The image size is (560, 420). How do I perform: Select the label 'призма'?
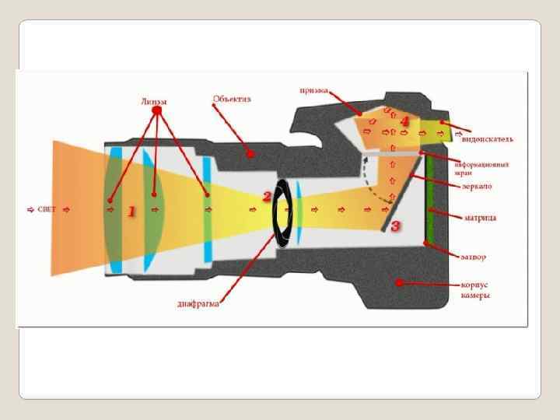(314, 89)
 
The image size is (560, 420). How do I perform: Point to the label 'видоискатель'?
(487, 139)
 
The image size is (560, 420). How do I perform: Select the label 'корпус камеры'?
(474, 290)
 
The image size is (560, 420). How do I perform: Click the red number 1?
(131, 211)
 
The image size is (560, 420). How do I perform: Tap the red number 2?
(267, 197)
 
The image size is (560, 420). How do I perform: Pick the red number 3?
(395, 226)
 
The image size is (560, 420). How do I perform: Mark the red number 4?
(404, 121)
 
